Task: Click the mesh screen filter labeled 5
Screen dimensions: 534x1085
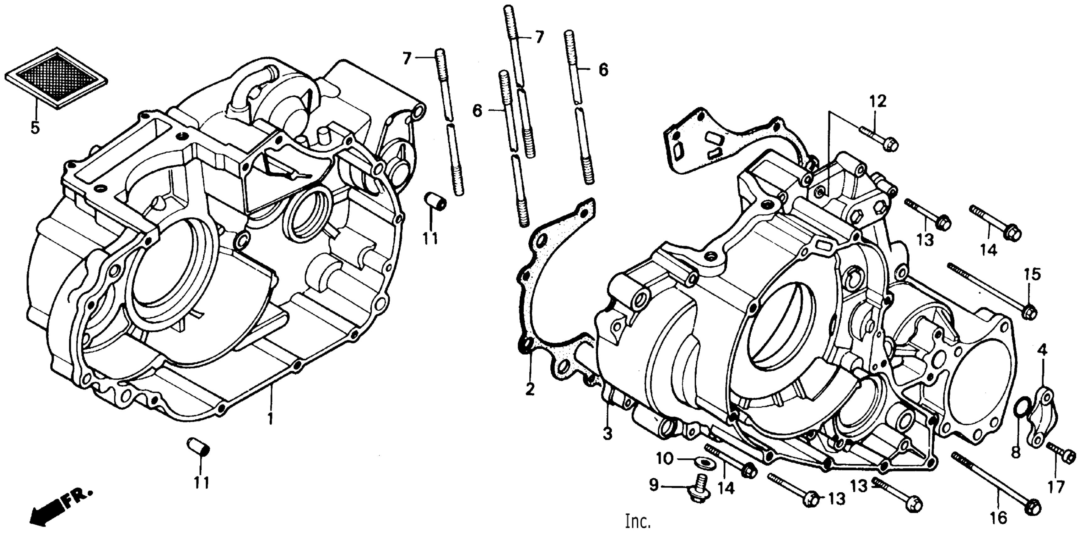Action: [56, 79]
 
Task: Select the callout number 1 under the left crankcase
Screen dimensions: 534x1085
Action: [270, 418]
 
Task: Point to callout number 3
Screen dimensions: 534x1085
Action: [607, 434]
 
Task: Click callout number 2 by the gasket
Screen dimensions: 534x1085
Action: [530, 389]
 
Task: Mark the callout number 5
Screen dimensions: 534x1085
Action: [35, 127]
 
